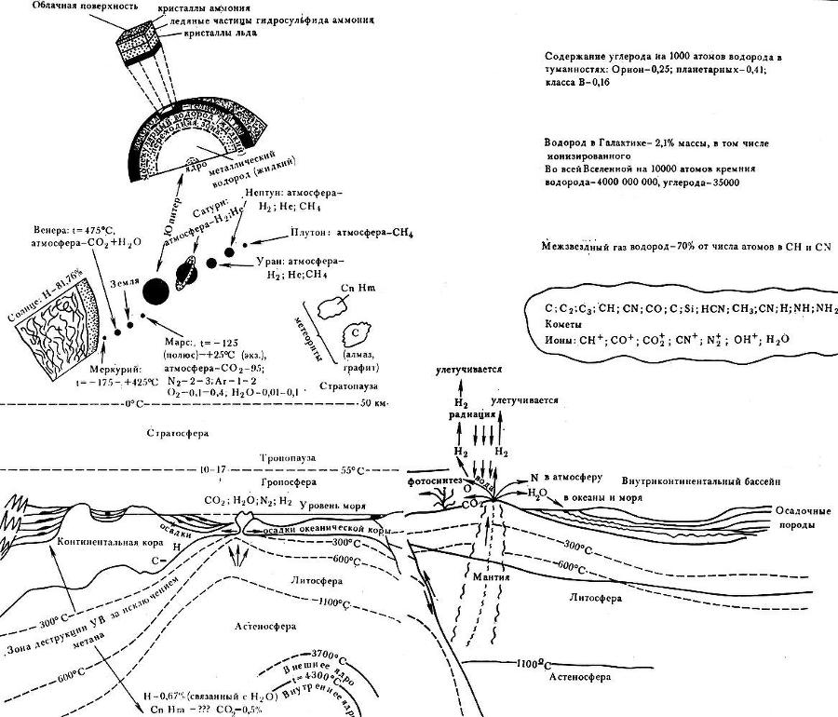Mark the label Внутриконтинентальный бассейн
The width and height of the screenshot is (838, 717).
[x=700, y=480]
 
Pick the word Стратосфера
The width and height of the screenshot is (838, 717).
[x=177, y=433]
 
